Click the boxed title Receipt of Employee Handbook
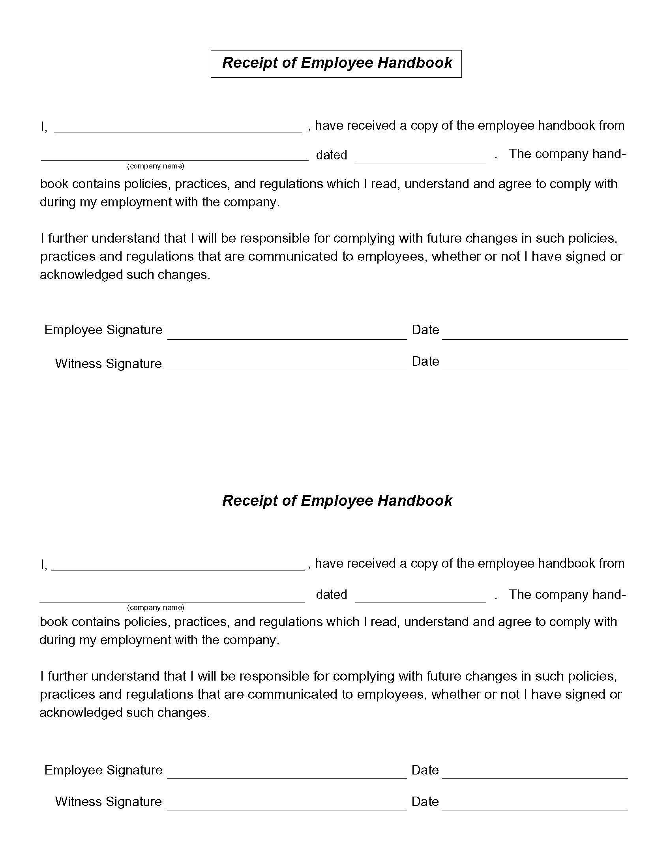coord(336,63)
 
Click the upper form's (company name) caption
coord(156,166)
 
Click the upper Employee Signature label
coord(103,330)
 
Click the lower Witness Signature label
coord(108,802)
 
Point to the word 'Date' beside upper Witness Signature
coord(425,361)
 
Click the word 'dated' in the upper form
coord(331,155)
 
